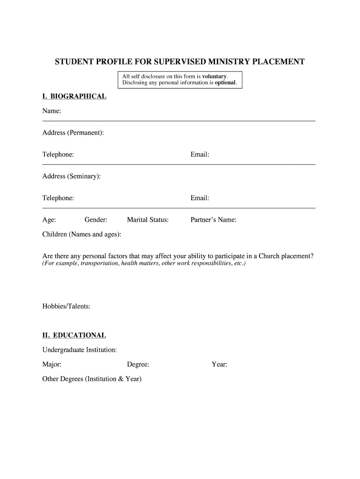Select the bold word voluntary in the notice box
214,76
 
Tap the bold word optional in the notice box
225,83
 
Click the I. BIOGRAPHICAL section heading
74,96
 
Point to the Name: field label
52,111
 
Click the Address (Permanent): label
73,133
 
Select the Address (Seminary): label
71,176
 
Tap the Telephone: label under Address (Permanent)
58,154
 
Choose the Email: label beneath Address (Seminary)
200,198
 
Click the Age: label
49,219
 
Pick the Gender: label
96,219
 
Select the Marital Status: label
148,219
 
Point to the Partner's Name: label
213,219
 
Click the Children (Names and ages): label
82,234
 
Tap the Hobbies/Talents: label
66,306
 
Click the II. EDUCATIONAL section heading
74,335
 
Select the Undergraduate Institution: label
79,349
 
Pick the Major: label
52,364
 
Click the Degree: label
138,364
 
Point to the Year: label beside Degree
219,364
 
